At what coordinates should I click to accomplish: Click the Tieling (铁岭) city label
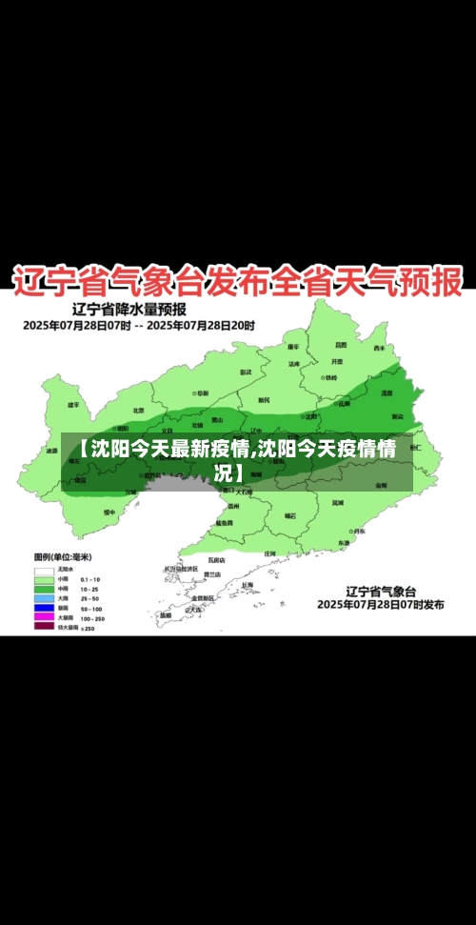(330, 377)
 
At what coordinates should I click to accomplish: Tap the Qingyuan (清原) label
(387, 392)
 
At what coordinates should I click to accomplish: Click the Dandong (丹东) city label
(359, 532)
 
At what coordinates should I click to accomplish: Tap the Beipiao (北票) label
(139, 410)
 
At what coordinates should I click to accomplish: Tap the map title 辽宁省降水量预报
(129, 309)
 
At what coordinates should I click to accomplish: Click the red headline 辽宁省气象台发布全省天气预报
(237, 281)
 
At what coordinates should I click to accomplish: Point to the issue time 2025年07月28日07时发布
(380, 604)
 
